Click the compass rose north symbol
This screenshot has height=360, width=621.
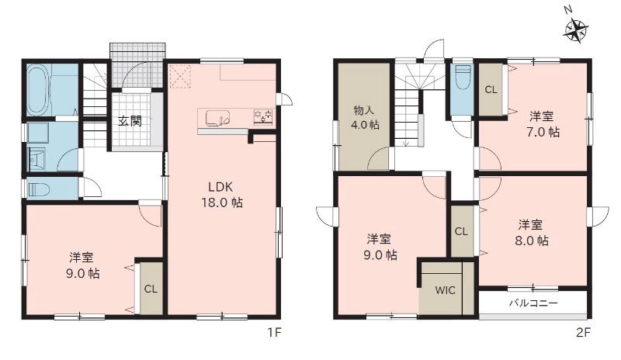[x=575, y=29]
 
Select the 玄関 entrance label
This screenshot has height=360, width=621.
[x=130, y=121]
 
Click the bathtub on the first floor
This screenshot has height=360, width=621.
[x=37, y=90]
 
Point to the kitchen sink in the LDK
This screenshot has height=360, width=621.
[x=218, y=118]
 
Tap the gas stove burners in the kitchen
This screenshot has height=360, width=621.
[x=263, y=117]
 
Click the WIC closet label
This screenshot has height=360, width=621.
[x=445, y=290]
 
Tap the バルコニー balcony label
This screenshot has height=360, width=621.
[x=533, y=304]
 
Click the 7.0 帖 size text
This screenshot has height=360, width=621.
[x=543, y=132]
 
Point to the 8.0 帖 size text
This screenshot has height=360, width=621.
[x=532, y=241]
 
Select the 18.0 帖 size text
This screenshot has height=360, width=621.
[x=222, y=202]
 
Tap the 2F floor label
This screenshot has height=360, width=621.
[x=584, y=333]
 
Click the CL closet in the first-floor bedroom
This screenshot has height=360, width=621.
[x=151, y=289]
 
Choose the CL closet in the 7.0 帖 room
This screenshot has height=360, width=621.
[x=491, y=90]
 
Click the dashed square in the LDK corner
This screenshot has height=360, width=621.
[x=181, y=75]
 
